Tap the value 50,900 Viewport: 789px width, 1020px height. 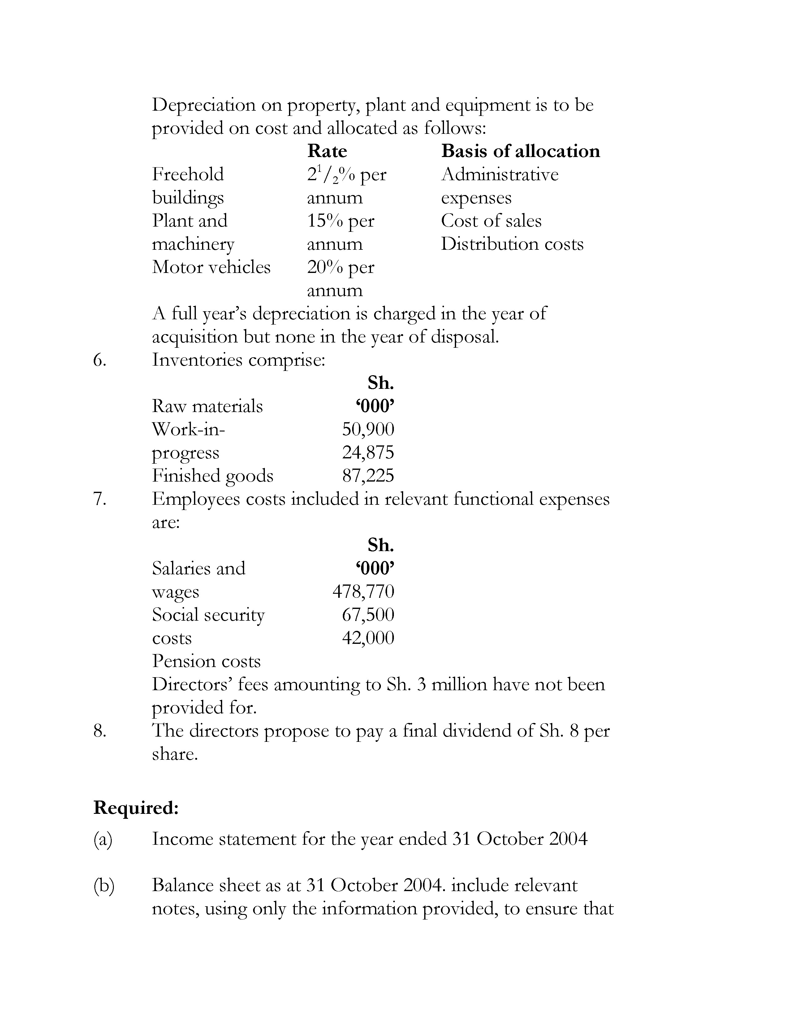368,429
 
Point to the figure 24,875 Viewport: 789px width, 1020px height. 368,453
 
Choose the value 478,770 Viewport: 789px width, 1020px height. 363,592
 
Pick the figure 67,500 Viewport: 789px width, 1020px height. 368,614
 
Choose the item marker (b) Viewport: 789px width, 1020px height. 103,886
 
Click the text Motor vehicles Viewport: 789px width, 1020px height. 211,267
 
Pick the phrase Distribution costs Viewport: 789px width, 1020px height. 512,244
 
